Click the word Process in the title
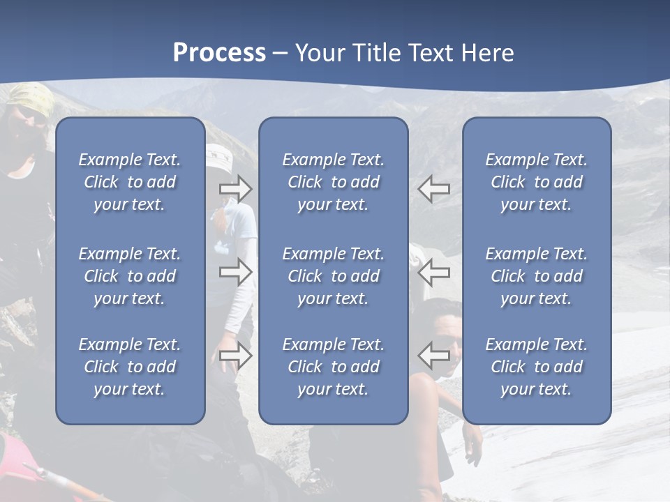(x=219, y=53)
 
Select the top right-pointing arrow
(x=236, y=189)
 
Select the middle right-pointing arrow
(x=236, y=273)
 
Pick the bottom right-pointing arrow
(x=236, y=356)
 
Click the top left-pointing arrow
(x=433, y=189)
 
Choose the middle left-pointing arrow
(x=433, y=273)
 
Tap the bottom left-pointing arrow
(x=433, y=356)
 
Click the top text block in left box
(x=130, y=182)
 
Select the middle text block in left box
(x=130, y=276)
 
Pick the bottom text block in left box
(x=130, y=367)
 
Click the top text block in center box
(x=334, y=182)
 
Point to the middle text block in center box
(x=334, y=276)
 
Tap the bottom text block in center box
(x=334, y=367)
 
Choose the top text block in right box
(x=537, y=182)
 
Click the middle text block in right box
(x=537, y=276)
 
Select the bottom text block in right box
(x=537, y=367)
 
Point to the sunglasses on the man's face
(x=447, y=342)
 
